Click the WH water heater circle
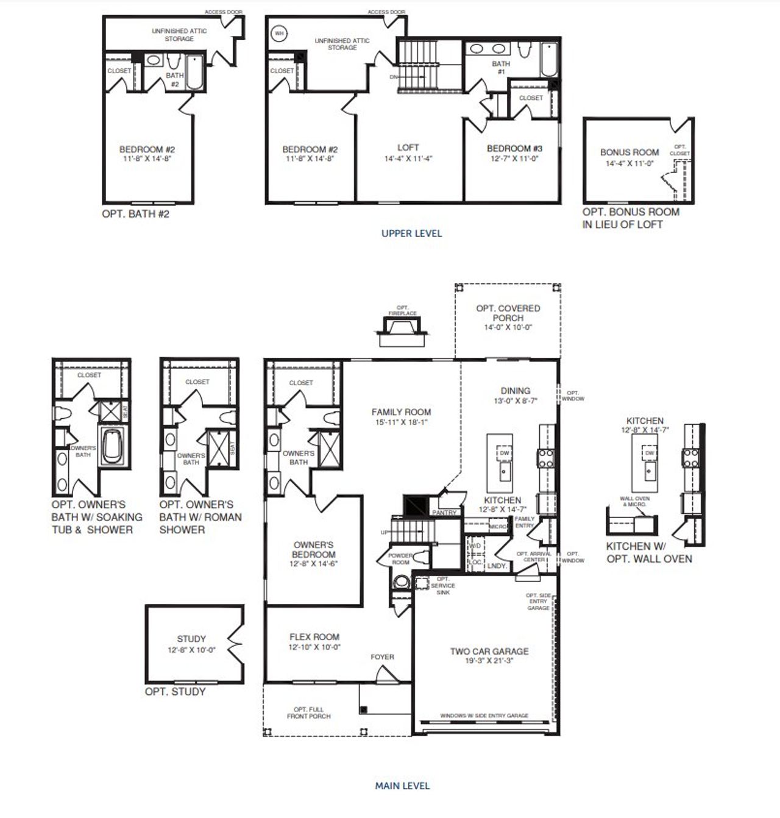[x=278, y=34]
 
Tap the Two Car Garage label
[x=489, y=651]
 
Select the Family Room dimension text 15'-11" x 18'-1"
[x=401, y=422]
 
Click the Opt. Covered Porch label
[x=508, y=313]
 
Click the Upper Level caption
[x=411, y=233]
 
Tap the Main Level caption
[x=402, y=786]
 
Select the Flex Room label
[x=314, y=636]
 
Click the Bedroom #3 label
[x=514, y=148]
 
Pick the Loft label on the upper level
[x=408, y=148]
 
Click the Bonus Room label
[x=629, y=152]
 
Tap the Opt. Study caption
[x=175, y=691]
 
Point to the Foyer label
[x=382, y=656]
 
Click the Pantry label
[x=444, y=513]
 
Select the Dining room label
[x=516, y=391]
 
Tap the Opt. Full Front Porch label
[x=308, y=713]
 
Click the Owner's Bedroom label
[x=314, y=549]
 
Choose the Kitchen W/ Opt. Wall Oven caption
[x=649, y=552]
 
